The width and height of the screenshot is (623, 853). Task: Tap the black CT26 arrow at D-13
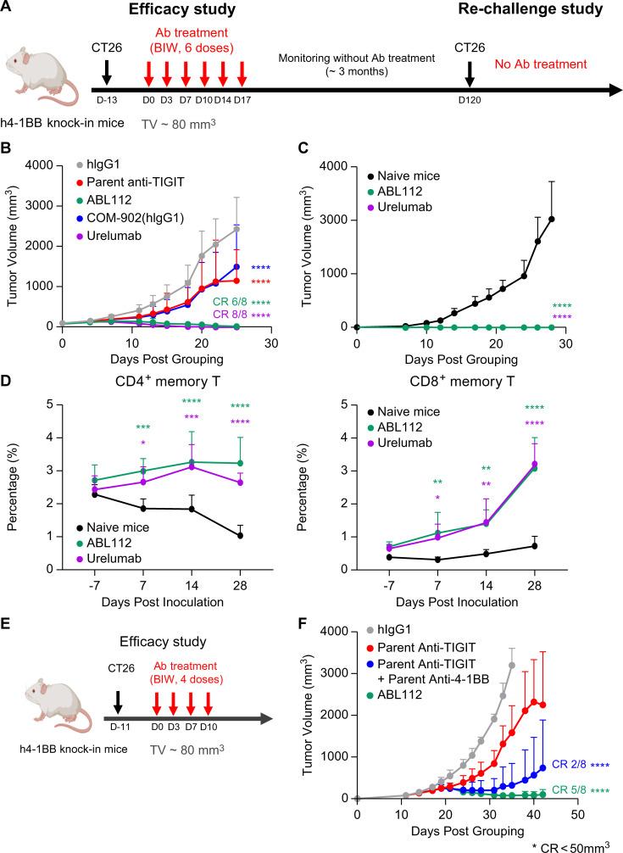pyautogui.click(x=107, y=73)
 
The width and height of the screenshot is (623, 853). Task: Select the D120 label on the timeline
pyautogui.click(x=469, y=102)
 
